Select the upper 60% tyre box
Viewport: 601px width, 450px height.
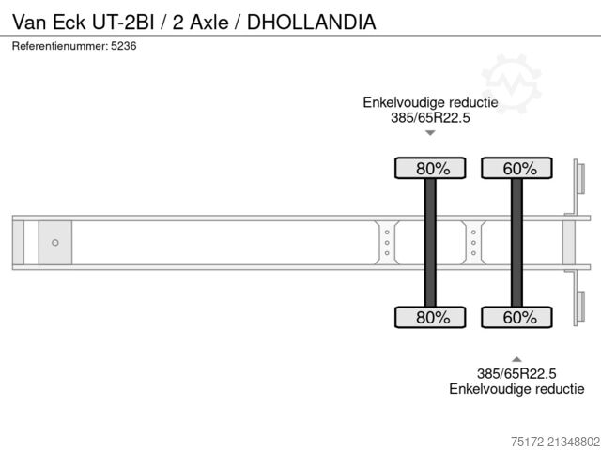pos(516,169)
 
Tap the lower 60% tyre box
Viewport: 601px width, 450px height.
pos(516,318)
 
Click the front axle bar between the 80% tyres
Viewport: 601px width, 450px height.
pos(430,243)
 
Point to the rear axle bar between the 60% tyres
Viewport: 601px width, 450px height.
pos(516,243)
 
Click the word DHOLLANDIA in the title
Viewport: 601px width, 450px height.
pos(312,22)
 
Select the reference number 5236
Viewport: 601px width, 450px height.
pos(122,46)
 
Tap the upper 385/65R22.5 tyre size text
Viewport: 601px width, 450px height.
pos(430,117)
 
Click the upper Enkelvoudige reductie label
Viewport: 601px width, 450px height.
pos(430,102)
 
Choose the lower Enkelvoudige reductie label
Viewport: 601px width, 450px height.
pos(516,388)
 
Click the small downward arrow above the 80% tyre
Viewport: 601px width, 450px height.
pos(430,133)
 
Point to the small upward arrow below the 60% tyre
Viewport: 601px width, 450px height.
pos(516,358)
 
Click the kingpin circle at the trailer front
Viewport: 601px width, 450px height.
pos(54,243)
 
